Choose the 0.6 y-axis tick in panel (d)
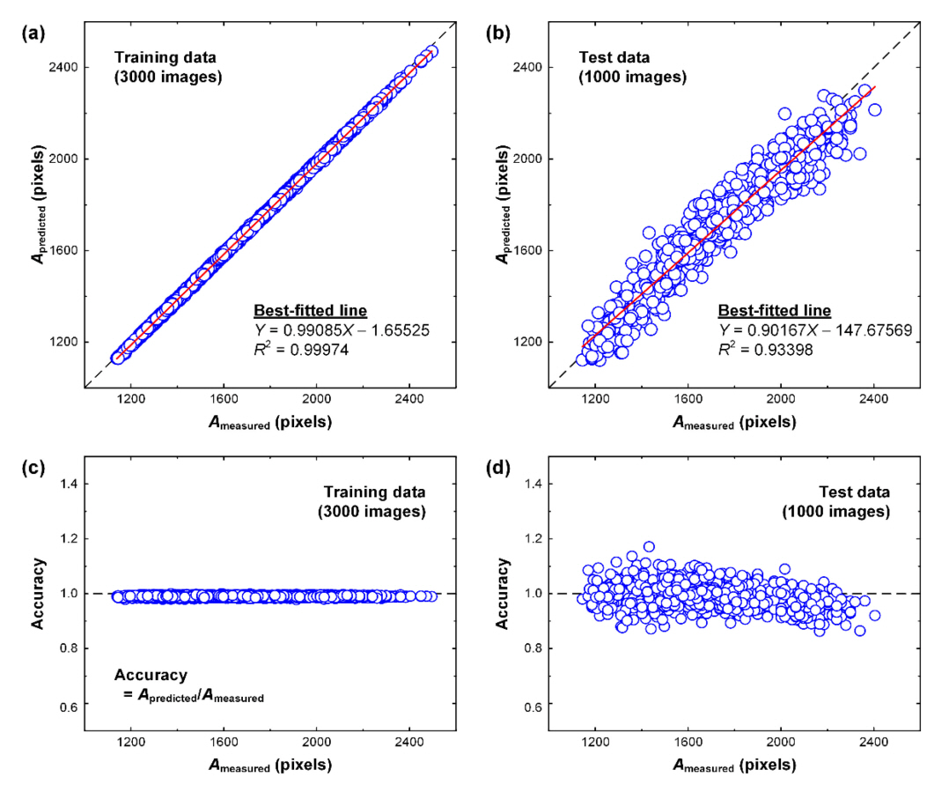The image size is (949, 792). pyautogui.click(x=533, y=707)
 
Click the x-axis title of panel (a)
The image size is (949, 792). pyautogui.click(x=269, y=423)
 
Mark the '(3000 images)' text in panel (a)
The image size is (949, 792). pyautogui.click(x=167, y=77)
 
